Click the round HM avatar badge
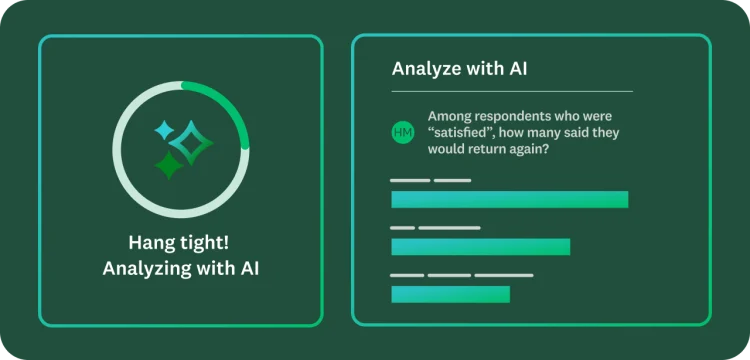[x=403, y=132]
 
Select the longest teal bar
[x=509, y=199]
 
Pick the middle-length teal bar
[x=480, y=246]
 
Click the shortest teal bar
[x=450, y=294]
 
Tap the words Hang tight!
[x=180, y=243]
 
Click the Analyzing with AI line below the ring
[x=180, y=268]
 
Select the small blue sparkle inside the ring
[x=163, y=131]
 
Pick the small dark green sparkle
[x=169, y=165]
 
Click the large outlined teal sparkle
[x=191, y=143]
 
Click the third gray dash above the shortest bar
[x=503, y=275]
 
